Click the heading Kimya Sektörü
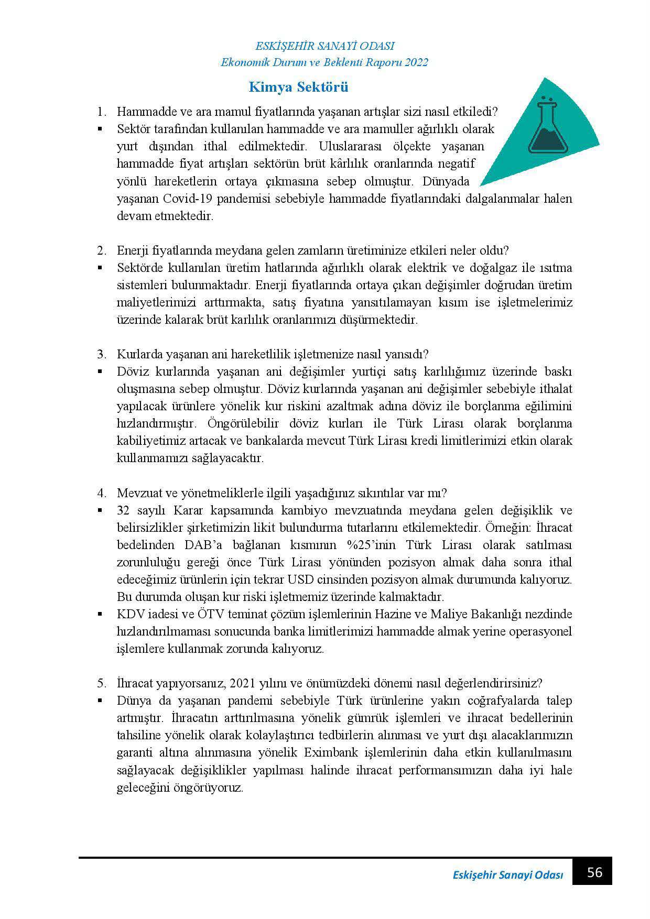298,87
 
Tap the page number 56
594,872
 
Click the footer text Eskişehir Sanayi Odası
507,875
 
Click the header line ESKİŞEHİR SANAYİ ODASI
324,46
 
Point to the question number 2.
101,250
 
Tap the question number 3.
101,354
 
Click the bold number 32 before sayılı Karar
123,510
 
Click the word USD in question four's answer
299,579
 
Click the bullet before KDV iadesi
99,614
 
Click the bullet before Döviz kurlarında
99,371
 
